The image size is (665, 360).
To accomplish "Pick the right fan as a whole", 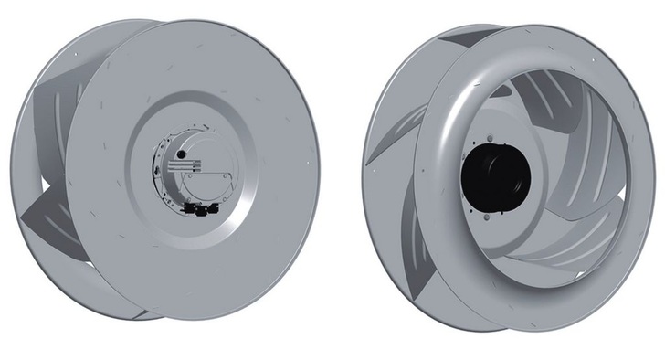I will pos(512,174).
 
